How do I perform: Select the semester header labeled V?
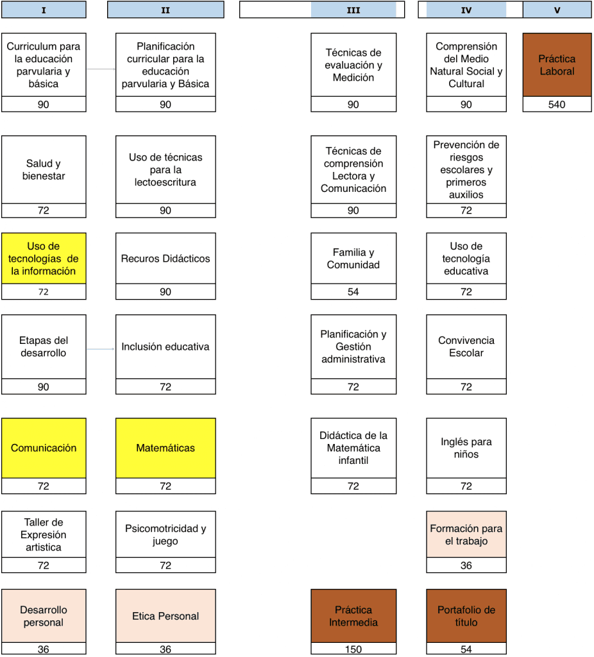tap(557, 10)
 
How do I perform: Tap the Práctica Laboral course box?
tap(557, 65)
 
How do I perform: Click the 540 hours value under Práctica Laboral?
tap(557, 105)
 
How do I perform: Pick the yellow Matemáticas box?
tap(165, 448)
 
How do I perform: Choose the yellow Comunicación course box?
tap(44, 448)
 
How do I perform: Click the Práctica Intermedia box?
tap(353, 616)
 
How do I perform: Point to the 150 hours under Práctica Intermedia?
tap(353, 649)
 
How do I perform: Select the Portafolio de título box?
tap(466, 616)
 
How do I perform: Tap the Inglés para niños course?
tap(466, 448)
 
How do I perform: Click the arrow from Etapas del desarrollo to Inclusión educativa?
tap(101, 349)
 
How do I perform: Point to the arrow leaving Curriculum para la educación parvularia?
tap(101, 69)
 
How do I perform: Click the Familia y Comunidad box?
tap(353, 259)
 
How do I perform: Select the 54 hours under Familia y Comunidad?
tap(353, 292)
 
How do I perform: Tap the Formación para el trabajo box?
tap(466, 534)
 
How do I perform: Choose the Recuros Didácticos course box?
tap(165, 259)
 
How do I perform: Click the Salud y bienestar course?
tap(44, 169)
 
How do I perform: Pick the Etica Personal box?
tap(165, 616)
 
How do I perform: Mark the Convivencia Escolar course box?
tap(466, 347)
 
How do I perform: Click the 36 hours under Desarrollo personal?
tap(44, 649)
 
